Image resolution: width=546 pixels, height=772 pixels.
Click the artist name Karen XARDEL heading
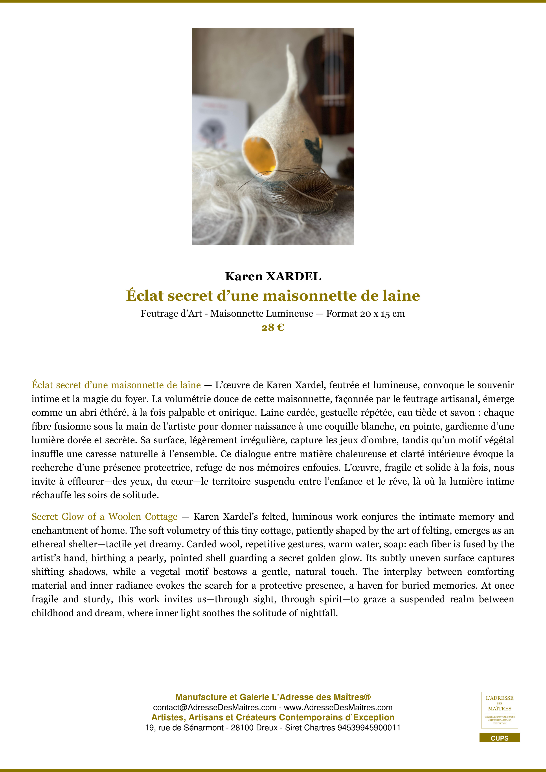(273, 276)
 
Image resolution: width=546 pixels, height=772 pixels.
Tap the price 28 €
(273, 327)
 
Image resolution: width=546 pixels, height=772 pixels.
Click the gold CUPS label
(499, 738)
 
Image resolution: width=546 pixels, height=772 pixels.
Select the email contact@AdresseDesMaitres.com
(215, 708)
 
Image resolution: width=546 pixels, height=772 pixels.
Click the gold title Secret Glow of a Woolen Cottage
(104, 517)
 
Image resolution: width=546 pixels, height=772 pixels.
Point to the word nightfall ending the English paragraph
(320, 613)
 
